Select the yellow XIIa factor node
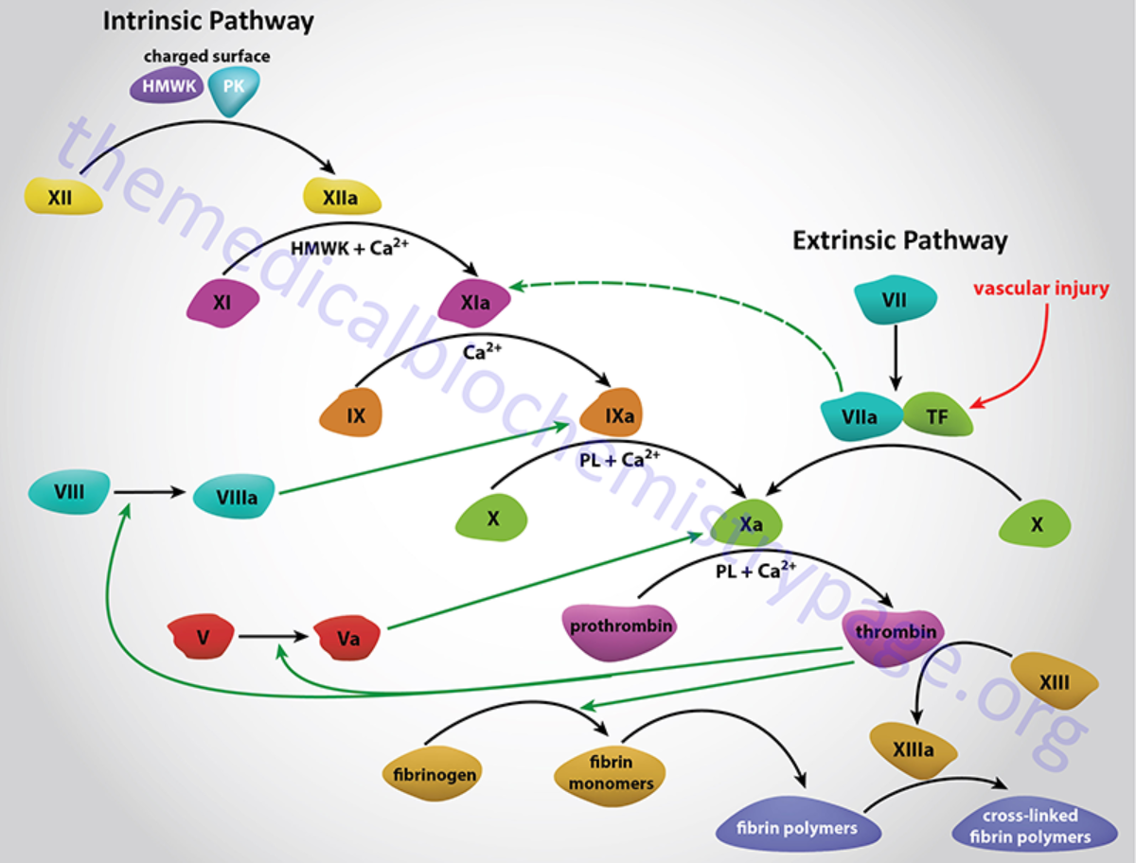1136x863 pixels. click(341, 198)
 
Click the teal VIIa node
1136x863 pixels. click(861, 416)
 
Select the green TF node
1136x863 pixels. click(937, 415)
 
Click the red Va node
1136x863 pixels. click(348, 639)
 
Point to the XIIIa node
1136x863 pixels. click(914, 749)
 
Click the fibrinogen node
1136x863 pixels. click(435, 773)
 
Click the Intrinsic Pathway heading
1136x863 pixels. click(208, 21)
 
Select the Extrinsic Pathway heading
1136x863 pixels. click(899, 240)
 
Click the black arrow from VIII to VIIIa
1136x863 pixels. click(150, 492)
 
